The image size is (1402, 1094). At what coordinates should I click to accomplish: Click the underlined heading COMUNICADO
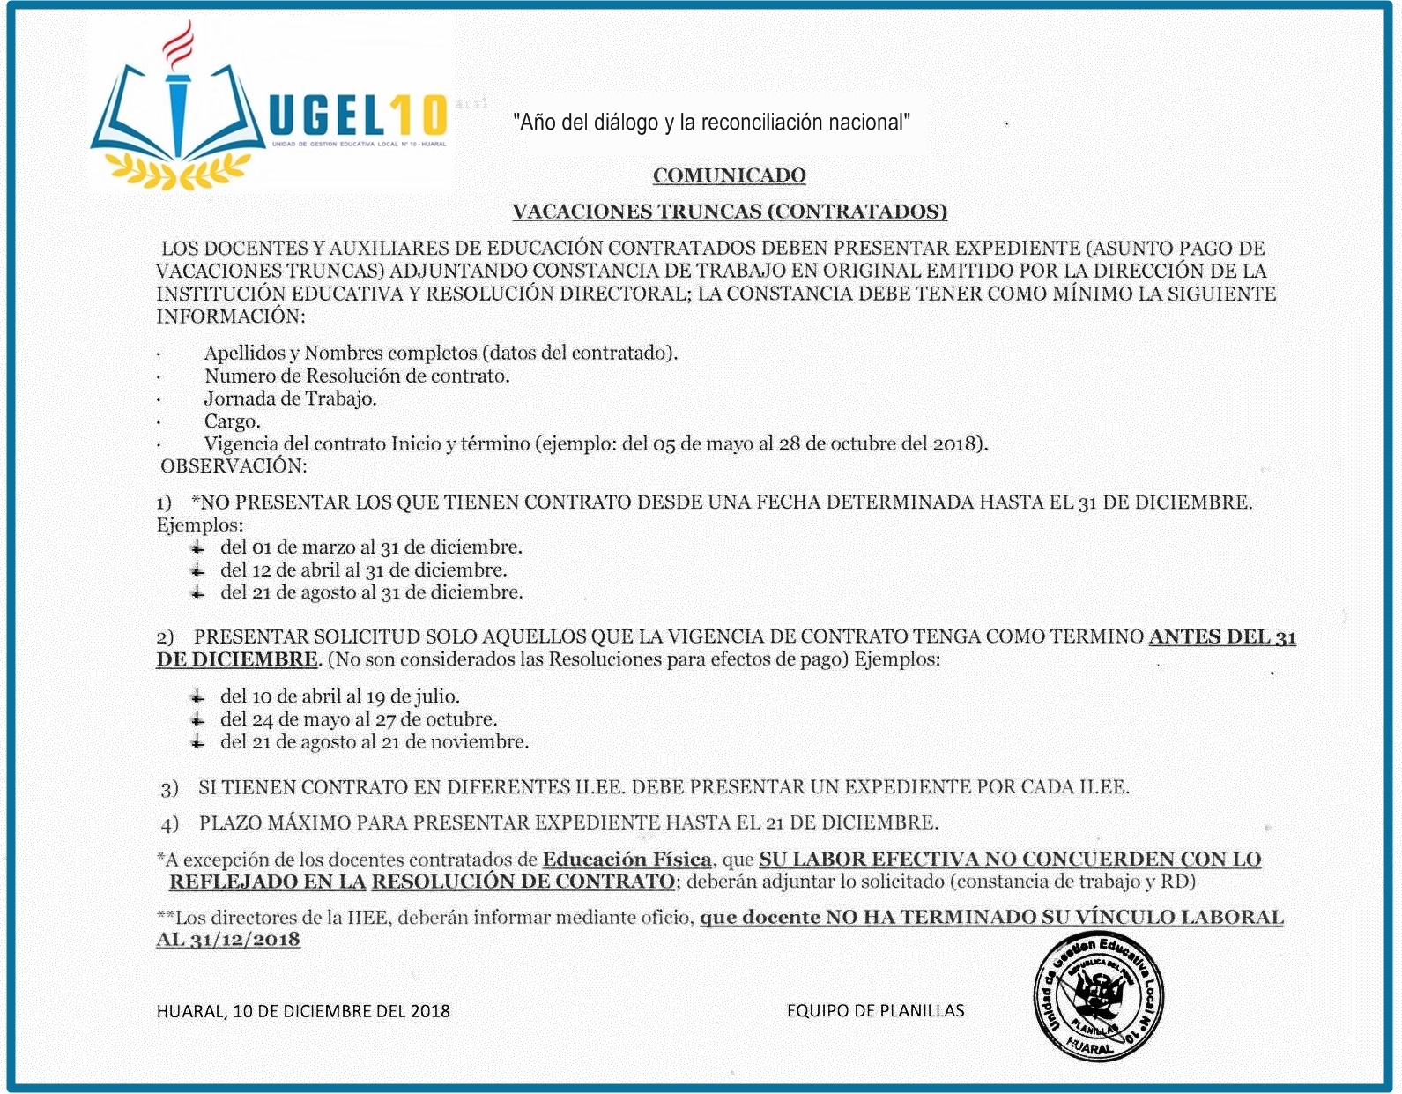(729, 175)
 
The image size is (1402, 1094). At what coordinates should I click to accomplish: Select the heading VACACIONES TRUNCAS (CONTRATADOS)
(729, 212)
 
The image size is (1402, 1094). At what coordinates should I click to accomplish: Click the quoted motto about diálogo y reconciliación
(711, 123)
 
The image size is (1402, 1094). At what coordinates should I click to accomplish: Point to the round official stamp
(1098, 994)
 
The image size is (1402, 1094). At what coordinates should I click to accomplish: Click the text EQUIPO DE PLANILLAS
(875, 1011)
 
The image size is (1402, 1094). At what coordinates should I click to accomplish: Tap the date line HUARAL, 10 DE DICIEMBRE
(303, 1011)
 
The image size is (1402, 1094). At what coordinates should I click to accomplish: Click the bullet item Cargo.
(233, 421)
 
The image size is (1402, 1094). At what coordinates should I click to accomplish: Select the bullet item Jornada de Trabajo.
(290, 398)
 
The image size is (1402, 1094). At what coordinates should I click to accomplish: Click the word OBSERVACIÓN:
(234, 465)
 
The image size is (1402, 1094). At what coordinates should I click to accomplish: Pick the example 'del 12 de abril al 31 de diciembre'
(363, 570)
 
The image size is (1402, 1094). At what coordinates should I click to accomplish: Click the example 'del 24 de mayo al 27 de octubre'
(359, 719)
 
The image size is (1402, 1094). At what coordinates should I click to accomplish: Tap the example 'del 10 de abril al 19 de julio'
(340, 696)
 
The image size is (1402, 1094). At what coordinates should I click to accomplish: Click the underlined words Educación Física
(627, 859)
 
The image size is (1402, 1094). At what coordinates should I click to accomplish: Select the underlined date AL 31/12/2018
(228, 940)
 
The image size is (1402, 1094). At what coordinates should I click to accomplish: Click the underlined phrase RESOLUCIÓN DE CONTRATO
(523, 882)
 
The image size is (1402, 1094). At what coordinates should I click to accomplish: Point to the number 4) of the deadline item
(170, 824)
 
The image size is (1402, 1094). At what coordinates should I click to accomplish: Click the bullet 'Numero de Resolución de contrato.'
(357, 376)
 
